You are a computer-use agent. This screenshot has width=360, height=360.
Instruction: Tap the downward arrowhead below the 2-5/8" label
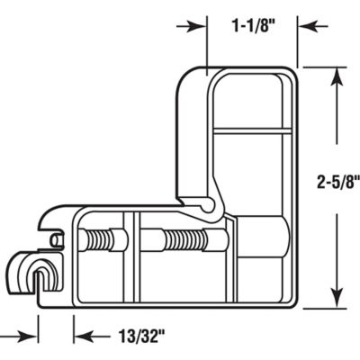point(335,301)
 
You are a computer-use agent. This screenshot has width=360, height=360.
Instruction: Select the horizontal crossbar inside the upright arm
point(254,131)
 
